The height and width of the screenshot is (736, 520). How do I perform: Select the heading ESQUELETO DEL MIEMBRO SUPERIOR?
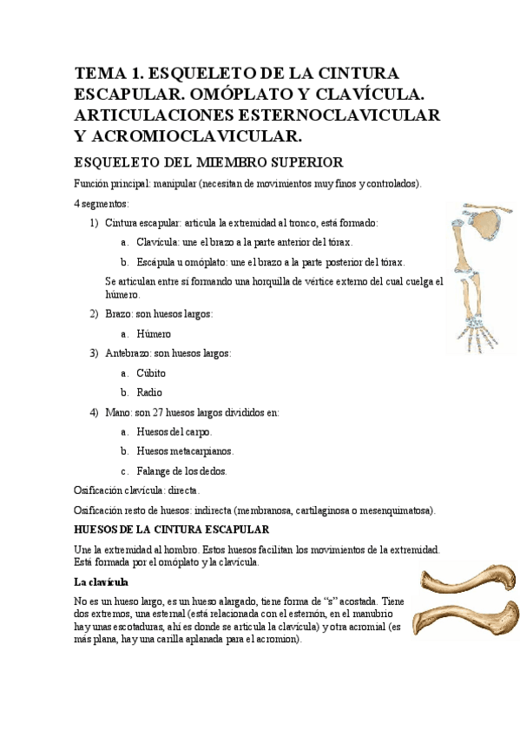(209, 162)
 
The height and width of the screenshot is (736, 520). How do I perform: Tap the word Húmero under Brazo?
(154, 333)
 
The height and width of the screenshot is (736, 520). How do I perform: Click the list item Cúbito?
(151, 373)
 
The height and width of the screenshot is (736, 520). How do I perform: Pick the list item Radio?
(149, 392)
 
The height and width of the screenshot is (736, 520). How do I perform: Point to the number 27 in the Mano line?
(158, 412)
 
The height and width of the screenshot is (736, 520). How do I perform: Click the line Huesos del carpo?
(174, 431)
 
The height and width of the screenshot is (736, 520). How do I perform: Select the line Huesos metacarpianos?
(185, 451)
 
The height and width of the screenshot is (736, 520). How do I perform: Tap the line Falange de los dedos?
(181, 471)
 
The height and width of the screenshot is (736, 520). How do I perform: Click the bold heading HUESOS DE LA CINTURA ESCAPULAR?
(172, 529)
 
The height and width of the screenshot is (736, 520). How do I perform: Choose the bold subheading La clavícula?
(102, 581)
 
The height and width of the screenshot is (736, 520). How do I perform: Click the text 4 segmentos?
(102, 203)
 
